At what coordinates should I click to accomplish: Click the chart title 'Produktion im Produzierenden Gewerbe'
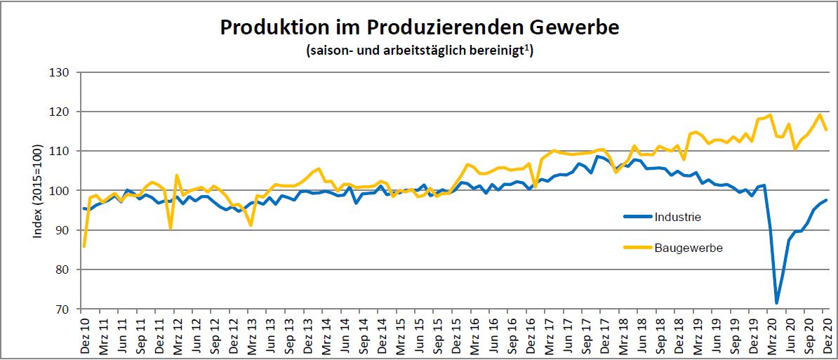tap(419, 27)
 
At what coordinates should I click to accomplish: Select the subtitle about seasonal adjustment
tap(419, 51)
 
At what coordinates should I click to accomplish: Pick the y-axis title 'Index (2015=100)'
tap(39, 191)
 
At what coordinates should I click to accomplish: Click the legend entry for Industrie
tap(677, 217)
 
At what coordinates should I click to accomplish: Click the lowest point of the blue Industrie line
tap(776, 303)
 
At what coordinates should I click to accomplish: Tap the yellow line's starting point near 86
tap(84, 246)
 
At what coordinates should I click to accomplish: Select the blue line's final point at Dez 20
tap(826, 200)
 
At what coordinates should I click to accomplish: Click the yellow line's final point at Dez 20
tap(826, 130)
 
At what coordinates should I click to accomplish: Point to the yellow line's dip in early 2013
tap(251, 225)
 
